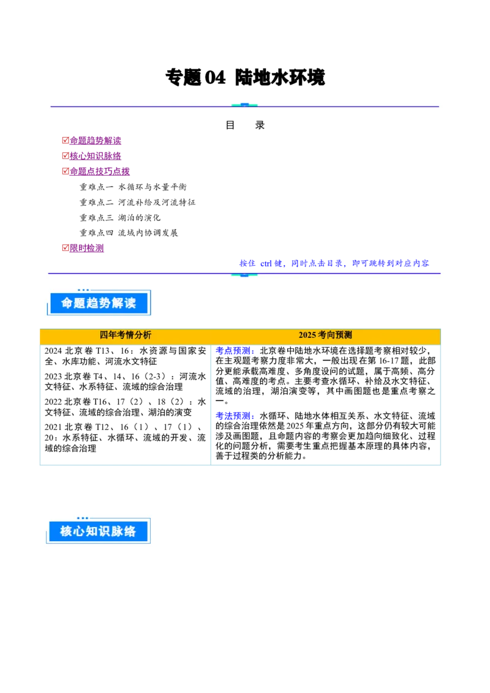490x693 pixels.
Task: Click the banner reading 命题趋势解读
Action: pos(98,302)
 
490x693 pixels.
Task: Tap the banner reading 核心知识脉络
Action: pos(98,531)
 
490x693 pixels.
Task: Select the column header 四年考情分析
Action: pos(126,335)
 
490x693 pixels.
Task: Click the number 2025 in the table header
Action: pos(307,335)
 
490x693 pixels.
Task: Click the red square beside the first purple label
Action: pos(65,140)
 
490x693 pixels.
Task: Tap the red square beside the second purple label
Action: pos(65,155)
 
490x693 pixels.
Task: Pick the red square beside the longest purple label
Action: pos(65,171)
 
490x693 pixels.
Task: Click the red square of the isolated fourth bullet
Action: pos(65,248)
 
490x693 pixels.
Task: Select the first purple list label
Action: pos(96,140)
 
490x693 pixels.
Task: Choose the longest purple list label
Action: pos(100,171)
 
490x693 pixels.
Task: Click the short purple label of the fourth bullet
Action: pos(88,248)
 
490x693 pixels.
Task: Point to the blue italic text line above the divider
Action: pos(334,263)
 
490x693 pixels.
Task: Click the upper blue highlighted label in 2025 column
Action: pos(235,351)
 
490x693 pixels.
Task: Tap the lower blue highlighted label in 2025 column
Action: pos(235,416)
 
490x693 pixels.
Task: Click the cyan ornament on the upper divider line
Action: pos(244,105)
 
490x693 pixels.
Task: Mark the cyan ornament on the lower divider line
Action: pos(244,274)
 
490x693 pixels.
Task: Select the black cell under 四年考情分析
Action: pos(125,404)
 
